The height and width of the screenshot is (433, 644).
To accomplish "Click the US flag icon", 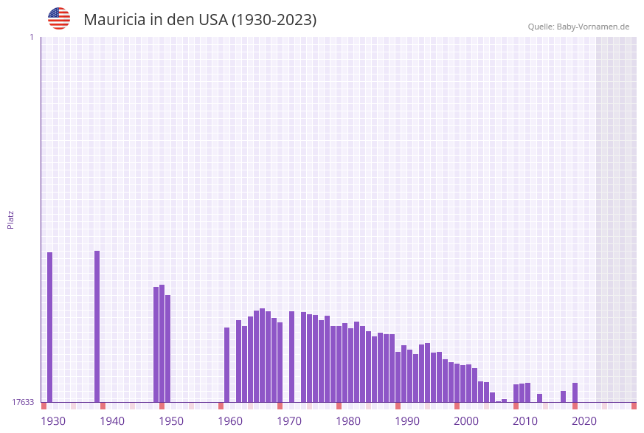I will (x=59, y=18).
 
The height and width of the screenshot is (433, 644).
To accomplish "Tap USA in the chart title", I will (x=212, y=20).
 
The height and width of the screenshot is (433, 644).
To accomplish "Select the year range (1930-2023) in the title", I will (x=274, y=20).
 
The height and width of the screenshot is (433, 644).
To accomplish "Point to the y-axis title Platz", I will (x=11, y=219).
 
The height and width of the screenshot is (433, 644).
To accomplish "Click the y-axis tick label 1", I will (x=31, y=38).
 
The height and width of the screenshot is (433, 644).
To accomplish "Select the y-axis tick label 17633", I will (x=22, y=402).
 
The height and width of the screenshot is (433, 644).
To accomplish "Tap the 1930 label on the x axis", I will (x=53, y=421).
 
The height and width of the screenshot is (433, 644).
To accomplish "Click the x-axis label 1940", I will (x=112, y=421).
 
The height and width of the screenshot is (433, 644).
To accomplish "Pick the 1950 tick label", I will (x=171, y=421).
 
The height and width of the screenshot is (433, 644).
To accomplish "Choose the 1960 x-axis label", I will (x=230, y=421).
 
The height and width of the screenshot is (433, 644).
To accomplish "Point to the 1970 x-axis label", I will (x=289, y=421).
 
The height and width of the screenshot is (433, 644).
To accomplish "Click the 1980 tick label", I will (x=348, y=421).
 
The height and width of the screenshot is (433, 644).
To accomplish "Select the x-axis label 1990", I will (x=407, y=421).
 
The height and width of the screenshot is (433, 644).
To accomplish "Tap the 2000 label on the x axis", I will (x=466, y=421).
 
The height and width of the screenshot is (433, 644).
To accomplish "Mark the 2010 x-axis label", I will (x=525, y=421).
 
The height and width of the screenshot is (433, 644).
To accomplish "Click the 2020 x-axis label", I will (x=584, y=421).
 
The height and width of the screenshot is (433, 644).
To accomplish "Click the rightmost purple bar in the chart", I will (x=575, y=392).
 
